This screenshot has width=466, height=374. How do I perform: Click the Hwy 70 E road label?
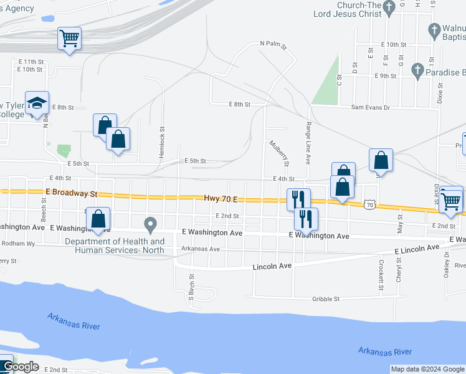(x=222, y=198)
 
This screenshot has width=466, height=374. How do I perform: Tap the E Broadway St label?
(x=72, y=194)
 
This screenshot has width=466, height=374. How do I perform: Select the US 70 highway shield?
(x=370, y=204)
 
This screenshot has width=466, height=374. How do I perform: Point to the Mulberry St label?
(x=278, y=153)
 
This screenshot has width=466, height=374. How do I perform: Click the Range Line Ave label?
(x=308, y=143)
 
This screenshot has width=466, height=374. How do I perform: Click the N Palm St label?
(x=273, y=45)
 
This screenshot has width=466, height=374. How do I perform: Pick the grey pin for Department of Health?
(x=150, y=223)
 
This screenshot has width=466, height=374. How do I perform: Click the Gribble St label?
(x=326, y=299)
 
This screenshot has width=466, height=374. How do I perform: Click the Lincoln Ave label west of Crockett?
(x=272, y=266)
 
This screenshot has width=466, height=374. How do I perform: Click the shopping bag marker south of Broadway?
(x=98, y=219)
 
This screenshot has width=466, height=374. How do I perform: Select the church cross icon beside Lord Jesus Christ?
(x=389, y=8)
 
